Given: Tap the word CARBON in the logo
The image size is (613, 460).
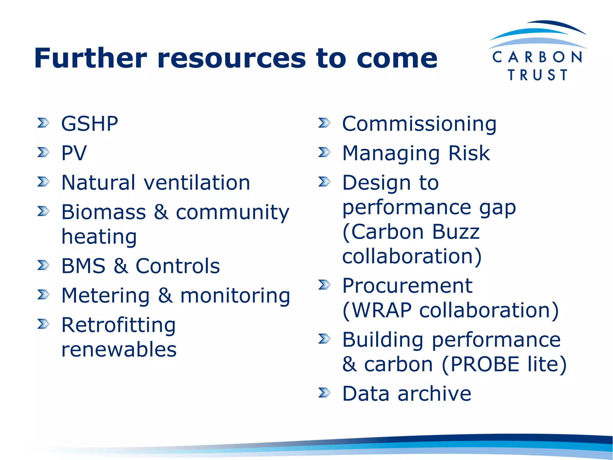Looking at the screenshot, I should click(x=537, y=57).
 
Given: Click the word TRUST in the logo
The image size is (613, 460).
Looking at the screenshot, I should click(x=538, y=75).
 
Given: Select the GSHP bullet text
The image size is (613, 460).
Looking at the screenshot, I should click(x=89, y=124).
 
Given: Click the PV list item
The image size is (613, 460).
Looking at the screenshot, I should click(x=74, y=153).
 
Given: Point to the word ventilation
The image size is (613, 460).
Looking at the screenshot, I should click(x=197, y=183).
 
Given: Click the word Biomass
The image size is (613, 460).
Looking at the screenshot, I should click(x=104, y=212).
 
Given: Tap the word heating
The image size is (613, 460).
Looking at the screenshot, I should click(x=99, y=237).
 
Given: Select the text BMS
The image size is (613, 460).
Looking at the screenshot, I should click(x=83, y=266).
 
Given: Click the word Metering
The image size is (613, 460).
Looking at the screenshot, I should click(x=105, y=296).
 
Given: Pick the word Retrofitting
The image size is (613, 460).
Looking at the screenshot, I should click(x=119, y=325).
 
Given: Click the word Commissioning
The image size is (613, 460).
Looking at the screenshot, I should click(x=419, y=124).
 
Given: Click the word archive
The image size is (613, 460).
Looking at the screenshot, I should click(x=434, y=394).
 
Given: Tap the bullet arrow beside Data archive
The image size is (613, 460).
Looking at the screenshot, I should click(x=324, y=392).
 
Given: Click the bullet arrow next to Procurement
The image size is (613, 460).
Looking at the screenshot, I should click(x=324, y=285).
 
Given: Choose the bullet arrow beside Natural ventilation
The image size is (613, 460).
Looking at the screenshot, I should click(x=43, y=181).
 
